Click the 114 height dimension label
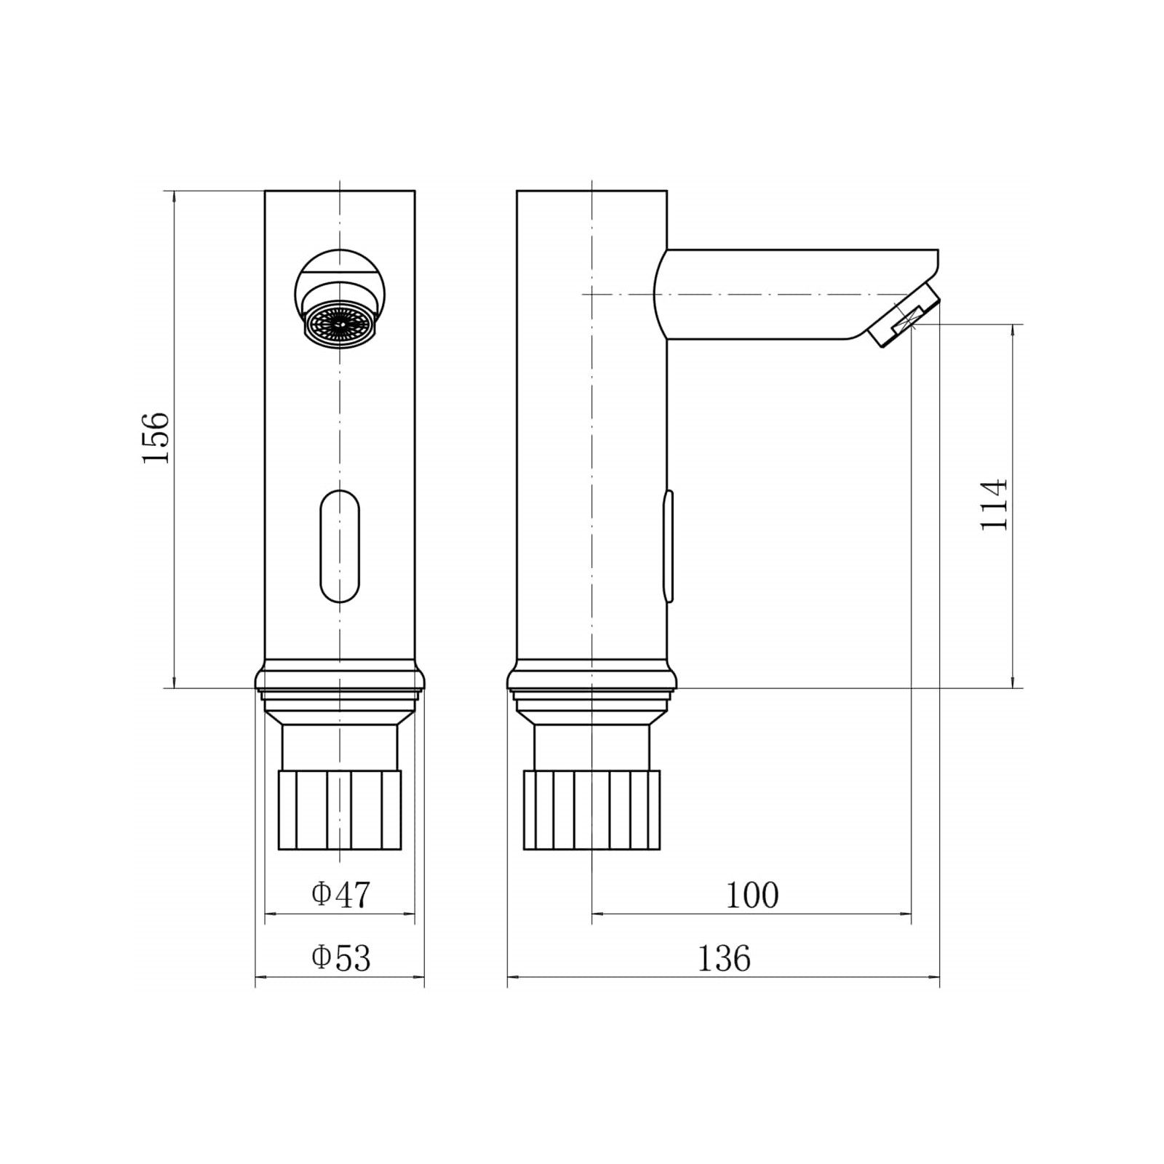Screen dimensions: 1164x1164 [x=994, y=504]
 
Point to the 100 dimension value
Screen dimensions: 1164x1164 [x=752, y=895]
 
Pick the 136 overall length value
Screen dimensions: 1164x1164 [x=724, y=958]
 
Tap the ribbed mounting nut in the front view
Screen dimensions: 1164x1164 [x=340, y=810]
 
